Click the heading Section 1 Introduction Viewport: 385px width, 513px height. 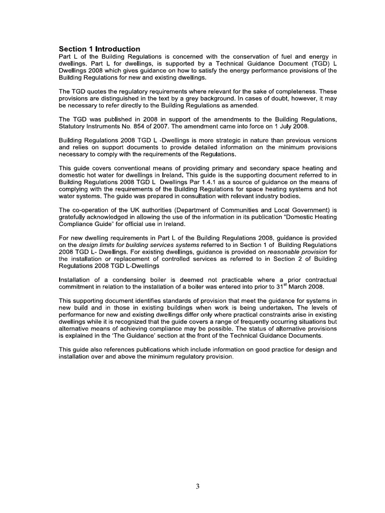99,49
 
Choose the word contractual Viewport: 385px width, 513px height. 318,280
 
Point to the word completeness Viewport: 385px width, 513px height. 293,92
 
